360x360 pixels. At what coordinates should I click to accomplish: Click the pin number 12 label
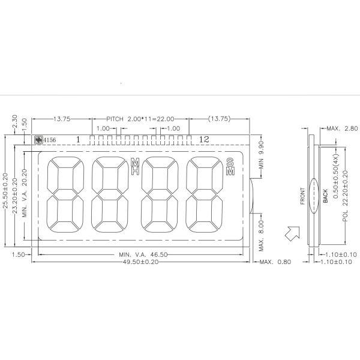point(204,139)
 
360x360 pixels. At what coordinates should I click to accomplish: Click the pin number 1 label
point(78,139)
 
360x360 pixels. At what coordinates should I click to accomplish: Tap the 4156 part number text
point(50,140)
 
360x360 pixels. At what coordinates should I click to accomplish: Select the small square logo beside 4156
point(38,140)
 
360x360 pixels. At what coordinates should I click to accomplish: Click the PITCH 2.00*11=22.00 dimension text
point(140,119)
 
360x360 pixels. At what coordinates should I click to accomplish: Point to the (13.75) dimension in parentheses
point(219,119)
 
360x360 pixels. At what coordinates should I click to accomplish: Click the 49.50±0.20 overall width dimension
point(140,262)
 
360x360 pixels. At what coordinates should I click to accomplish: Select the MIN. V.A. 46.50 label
point(143,254)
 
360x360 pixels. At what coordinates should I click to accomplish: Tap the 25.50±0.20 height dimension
point(5,191)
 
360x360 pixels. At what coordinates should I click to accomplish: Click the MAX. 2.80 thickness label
point(342,128)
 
